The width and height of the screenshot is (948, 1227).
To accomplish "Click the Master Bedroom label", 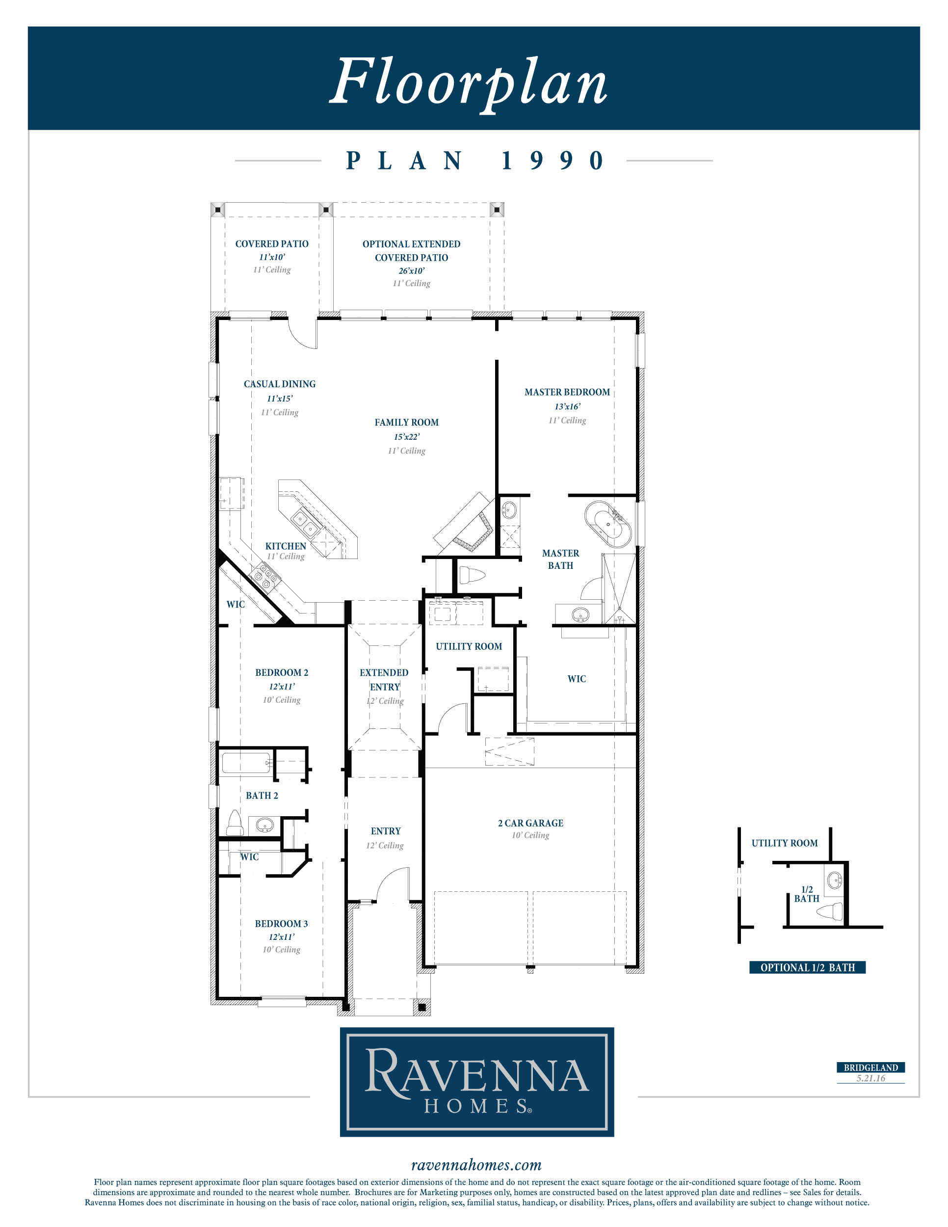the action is (x=567, y=392).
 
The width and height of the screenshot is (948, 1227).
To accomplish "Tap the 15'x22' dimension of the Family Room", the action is (x=407, y=436).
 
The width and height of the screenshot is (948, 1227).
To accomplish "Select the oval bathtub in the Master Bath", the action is (x=608, y=525).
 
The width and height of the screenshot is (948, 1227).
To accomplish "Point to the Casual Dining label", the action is (x=280, y=384).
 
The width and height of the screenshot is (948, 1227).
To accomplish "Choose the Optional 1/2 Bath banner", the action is (x=807, y=967).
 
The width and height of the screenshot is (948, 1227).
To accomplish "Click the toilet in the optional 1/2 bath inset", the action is (x=830, y=911).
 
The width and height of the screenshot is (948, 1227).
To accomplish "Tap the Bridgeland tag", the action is (x=870, y=1067).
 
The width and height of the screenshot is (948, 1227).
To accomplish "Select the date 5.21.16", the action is (x=870, y=1078).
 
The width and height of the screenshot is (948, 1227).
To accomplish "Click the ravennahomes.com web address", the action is (x=476, y=1165).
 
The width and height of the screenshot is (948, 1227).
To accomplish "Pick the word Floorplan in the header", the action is (x=469, y=82).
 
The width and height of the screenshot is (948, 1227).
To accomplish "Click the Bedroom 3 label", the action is (x=281, y=924).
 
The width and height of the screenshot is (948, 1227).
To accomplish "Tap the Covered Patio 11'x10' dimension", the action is (x=272, y=257).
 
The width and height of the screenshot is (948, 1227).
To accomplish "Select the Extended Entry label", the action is (x=385, y=680).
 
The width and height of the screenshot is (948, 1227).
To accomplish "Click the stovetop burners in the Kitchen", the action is (x=265, y=576).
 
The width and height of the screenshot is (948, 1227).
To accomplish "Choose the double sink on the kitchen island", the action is (x=306, y=523).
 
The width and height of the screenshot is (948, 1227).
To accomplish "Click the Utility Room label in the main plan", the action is (x=469, y=647).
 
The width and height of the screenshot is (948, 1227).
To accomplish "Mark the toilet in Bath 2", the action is (x=234, y=823).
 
